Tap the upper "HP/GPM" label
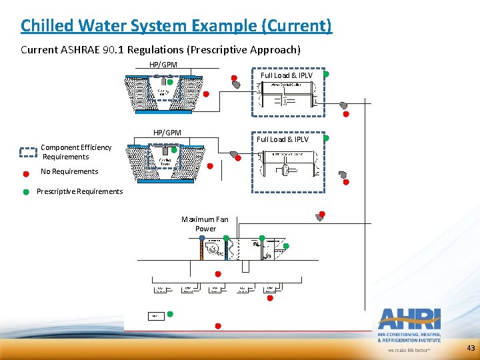click(x=163, y=65)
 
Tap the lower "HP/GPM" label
click(x=167, y=133)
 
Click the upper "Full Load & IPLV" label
click(x=286, y=75)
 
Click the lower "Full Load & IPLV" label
click(x=283, y=139)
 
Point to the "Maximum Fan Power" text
click(x=205, y=224)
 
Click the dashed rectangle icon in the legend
click(x=28, y=152)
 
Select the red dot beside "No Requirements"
click(x=26, y=172)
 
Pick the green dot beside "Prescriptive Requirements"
click(x=26, y=192)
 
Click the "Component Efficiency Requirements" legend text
click(x=75, y=152)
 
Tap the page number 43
click(x=471, y=348)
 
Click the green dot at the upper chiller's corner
click(x=325, y=75)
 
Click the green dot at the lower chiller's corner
click(x=325, y=138)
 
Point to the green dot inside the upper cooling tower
click(x=170, y=82)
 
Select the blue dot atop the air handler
click(x=227, y=237)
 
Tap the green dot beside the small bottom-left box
click(x=170, y=313)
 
